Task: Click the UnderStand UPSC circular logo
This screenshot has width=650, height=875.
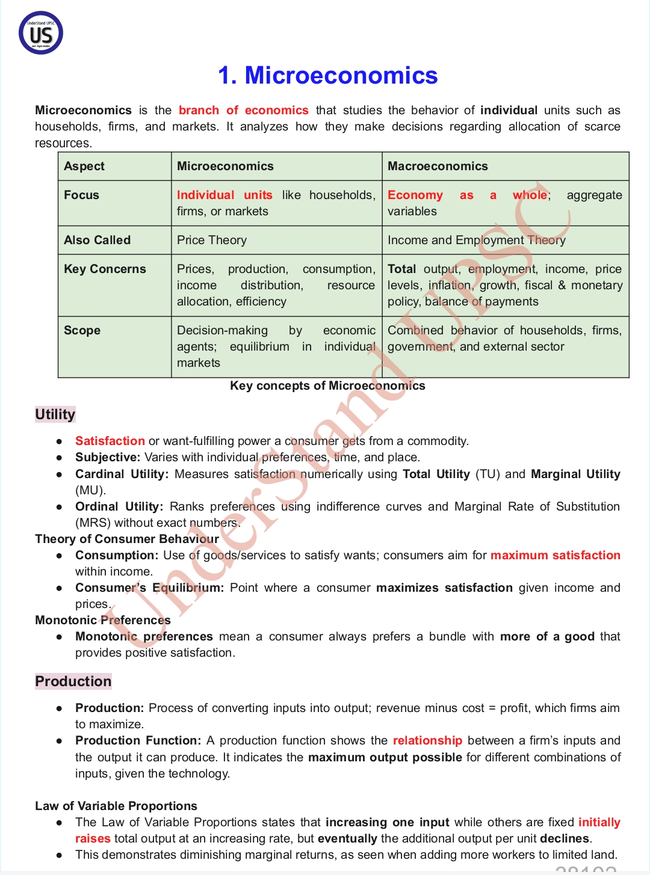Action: pos(41,33)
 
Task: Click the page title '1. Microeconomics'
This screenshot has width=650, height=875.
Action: pos(327,76)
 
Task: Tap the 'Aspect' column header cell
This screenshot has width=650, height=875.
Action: pos(84,167)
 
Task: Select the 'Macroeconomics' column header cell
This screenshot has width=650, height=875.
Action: pos(438,167)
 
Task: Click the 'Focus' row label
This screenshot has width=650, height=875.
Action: pos(82,195)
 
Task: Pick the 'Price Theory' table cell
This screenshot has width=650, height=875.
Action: pos(212,241)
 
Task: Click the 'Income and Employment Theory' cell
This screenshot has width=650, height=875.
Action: pos(476,241)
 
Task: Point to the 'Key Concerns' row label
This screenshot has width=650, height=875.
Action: pos(105,269)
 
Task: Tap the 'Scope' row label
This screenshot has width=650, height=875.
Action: pos(82,331)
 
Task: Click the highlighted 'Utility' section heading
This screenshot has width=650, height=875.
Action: pos(55,414)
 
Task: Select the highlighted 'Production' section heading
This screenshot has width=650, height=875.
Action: pos(73,681)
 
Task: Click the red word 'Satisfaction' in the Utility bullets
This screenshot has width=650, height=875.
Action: pos(110,441)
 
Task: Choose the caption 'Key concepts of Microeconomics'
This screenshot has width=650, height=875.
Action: pos(327,386)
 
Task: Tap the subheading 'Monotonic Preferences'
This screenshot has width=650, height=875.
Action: pos(103,621)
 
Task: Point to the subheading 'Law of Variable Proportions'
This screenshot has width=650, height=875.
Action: pos(116,806)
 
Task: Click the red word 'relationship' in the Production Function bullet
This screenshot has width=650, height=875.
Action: pos(427,741)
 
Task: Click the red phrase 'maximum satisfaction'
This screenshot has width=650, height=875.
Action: pos(555,556)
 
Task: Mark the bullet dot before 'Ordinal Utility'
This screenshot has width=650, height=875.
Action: pos(59,507)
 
